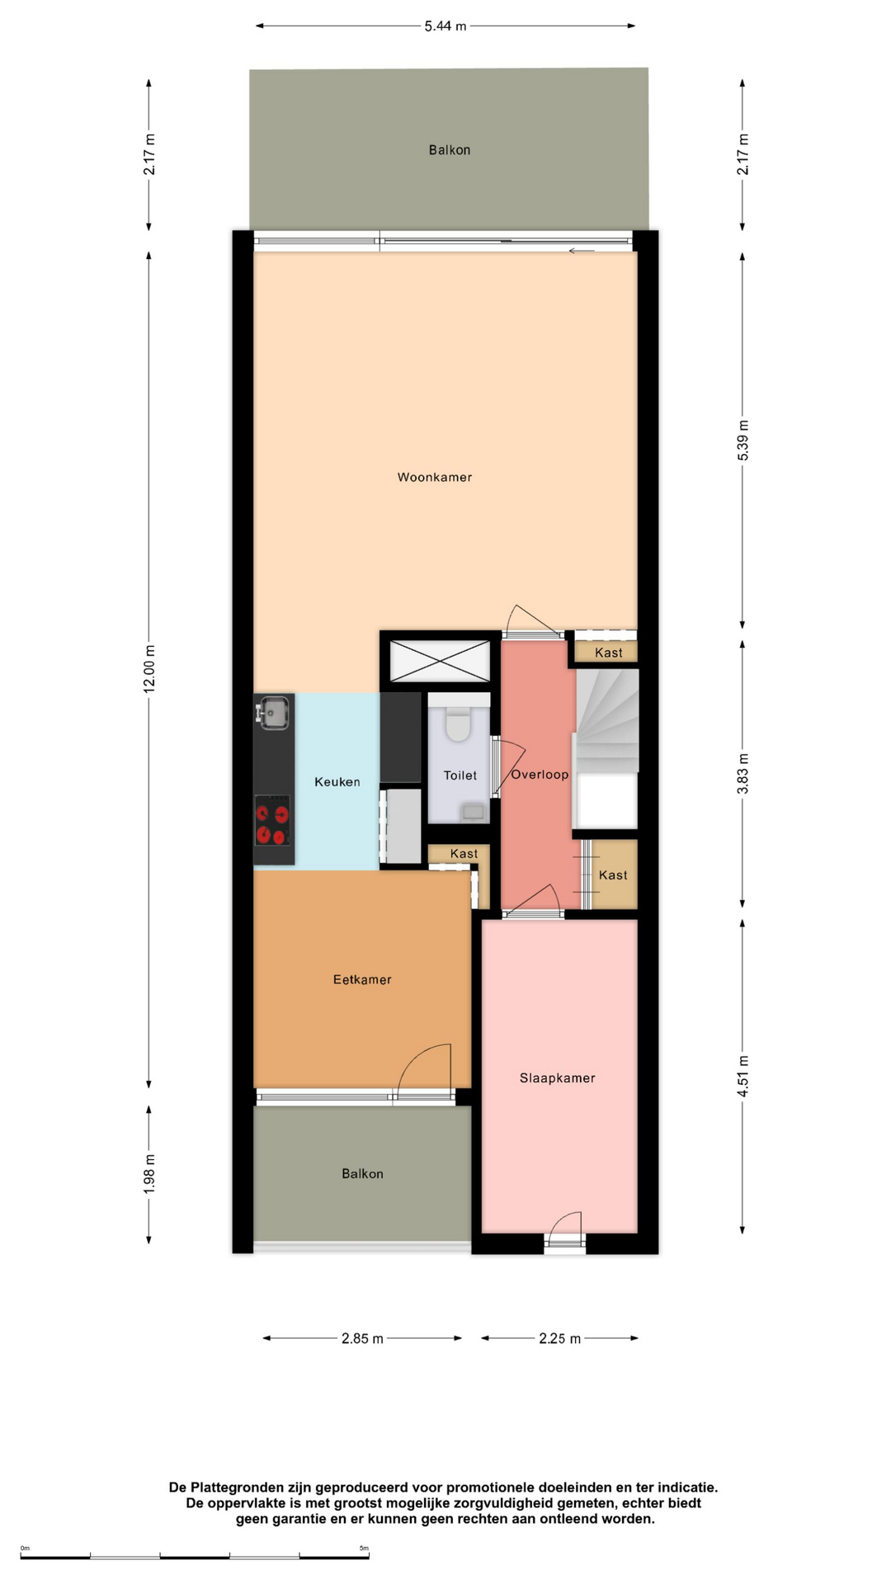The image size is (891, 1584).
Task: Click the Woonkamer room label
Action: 435,477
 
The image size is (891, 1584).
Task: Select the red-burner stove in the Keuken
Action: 273,820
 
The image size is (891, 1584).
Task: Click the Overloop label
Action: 540,775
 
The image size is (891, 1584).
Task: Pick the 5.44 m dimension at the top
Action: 445,26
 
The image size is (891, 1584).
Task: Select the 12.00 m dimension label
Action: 149,669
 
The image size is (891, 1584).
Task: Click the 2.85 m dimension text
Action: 362,1338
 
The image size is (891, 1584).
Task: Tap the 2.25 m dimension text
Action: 560,1338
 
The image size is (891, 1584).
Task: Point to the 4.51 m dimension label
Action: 742,1076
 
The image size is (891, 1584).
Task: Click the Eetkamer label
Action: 362,979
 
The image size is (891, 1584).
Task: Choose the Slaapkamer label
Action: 558,1077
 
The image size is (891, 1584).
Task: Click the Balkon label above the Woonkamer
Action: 450,149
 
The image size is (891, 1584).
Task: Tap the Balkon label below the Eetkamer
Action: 363,1173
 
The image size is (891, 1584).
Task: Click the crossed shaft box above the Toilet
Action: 440,661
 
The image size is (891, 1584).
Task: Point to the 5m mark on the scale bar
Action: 365,1549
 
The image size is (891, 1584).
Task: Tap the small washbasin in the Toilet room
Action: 474,812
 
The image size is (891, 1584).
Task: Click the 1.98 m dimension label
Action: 149,1173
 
